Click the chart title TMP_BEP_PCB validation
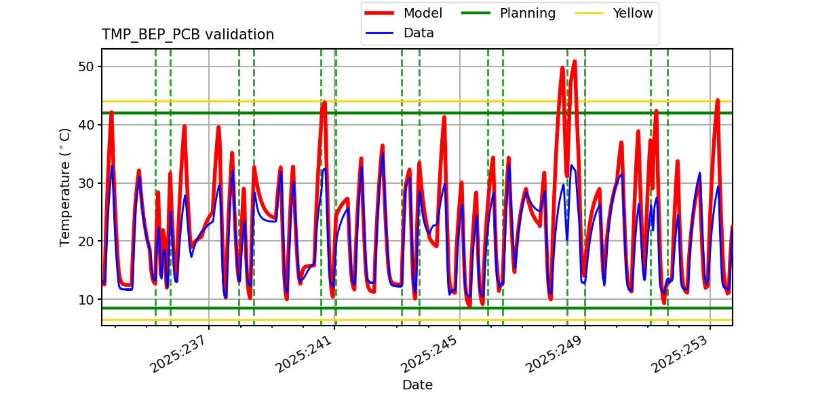coord(188,35)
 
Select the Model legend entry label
coord(423,14)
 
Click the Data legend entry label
coord(419,33)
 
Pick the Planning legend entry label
coord(527,14)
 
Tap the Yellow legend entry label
coord(632,14)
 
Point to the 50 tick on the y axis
coord(88,66)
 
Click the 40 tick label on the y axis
coord(88,125)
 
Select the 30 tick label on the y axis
coord(88,183)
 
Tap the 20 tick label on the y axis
coord(88,241)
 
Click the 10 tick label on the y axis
coord(88,300)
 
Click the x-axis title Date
coord(417,385)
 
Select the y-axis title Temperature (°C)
coord(65,187)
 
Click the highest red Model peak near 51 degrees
coord(575,61)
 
